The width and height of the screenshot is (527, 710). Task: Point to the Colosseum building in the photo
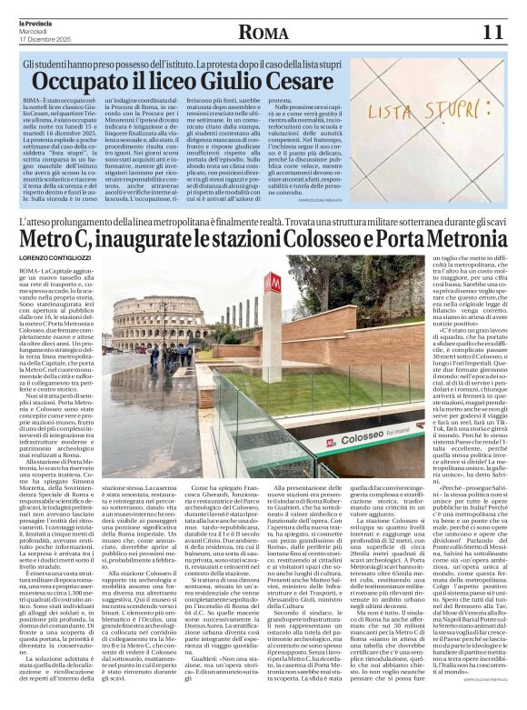154,320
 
